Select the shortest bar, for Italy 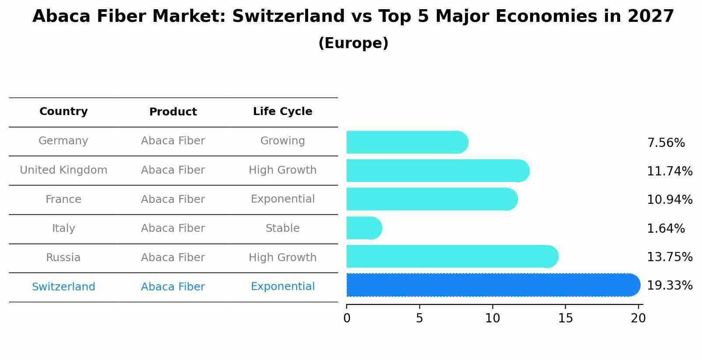(364, 228)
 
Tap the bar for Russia (452, 256)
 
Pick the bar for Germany (407, 142)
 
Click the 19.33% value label (669, 286)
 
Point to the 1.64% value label (665, 228)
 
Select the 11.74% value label (669, 171)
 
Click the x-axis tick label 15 (565, 318)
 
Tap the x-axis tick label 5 (419, 318)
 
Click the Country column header (63, 112)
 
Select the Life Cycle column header (282, 112)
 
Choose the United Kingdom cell (63, 170)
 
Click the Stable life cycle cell (282, 228)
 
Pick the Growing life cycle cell (282, 141)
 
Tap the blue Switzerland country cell (63, 287)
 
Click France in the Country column (63, 199)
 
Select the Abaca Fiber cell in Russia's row (173, 258)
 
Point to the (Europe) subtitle (353, 43)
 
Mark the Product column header (173, 112)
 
